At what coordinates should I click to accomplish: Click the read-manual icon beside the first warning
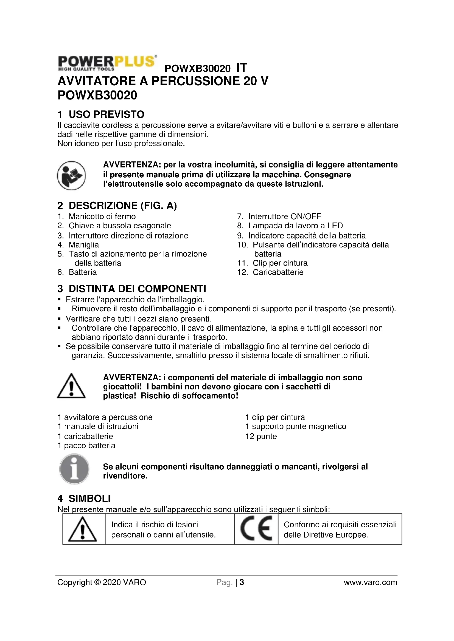pos(71,175)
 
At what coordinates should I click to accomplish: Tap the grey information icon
pos(74,469)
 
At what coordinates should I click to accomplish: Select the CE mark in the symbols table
pos(256,528)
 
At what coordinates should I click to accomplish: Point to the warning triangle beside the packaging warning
pos(71,386)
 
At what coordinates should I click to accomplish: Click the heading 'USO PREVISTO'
pos(107,114)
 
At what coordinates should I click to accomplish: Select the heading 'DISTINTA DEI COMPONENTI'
pos(137,288)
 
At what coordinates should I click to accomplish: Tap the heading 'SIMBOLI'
pos(89,498)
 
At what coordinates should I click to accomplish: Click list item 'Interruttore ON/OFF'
pos(285,216)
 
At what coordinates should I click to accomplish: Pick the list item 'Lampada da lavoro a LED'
pos(296,226)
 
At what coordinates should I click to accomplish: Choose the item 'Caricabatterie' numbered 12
pos(278,272)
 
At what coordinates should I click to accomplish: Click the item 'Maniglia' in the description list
pos(84,245)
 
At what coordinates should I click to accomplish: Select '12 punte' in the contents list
pos(261,436)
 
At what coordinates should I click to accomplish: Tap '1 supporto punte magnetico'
pos(296,426)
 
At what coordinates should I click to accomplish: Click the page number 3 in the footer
pos(242,582)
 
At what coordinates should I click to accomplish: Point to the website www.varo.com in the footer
pos(370,582)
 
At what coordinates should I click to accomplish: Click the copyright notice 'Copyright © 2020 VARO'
pos(102,582)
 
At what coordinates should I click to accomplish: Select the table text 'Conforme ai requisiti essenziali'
pos(340,525)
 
